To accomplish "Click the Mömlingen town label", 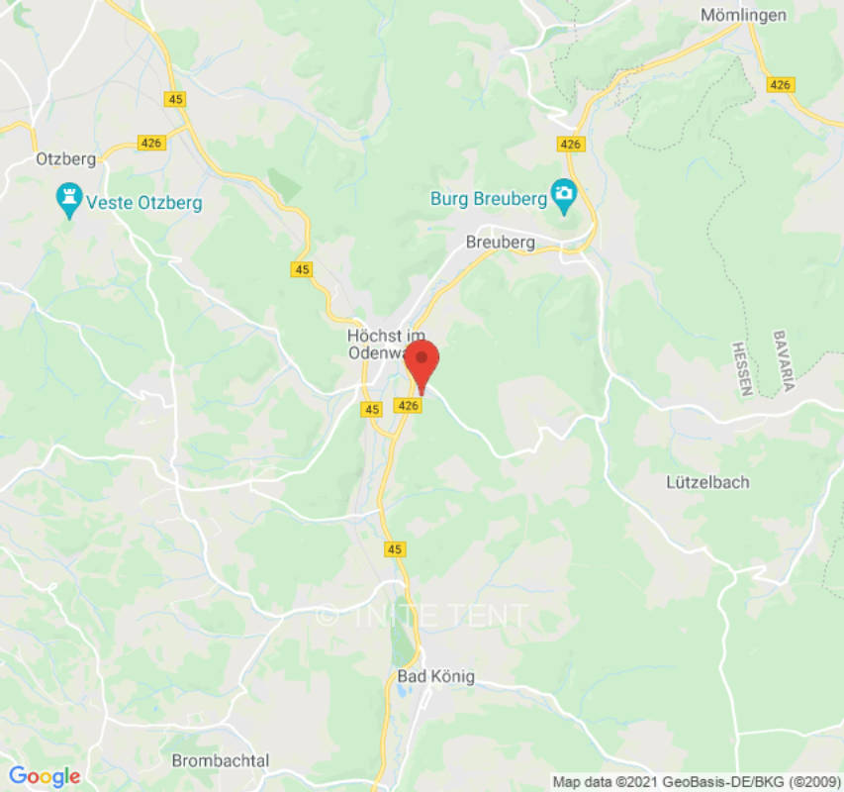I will (743, 15).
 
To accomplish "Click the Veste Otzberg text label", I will (144, 203).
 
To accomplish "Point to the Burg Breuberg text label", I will (489, 199).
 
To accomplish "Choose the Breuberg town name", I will (500, 243).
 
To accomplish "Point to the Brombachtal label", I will (220, 760).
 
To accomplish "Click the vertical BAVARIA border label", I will (783, 360).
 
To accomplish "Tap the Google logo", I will (45, 776).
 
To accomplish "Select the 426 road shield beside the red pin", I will (408, 405).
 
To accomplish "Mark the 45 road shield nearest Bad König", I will (395, 548).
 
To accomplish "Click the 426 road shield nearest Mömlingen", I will (780, 85).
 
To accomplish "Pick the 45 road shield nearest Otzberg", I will (176, 99).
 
